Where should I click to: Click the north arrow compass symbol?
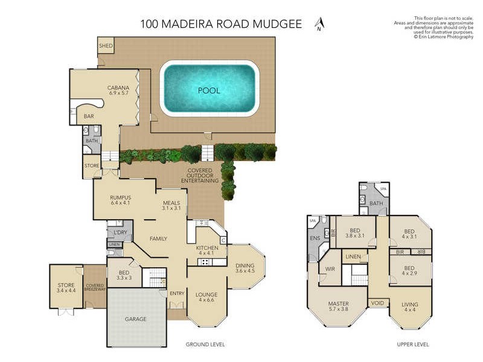click(319, 24)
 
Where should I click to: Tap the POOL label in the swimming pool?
click(210, 91)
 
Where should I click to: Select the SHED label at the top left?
click(106, 45)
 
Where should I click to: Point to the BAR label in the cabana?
click(89, 116)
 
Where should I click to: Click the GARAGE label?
click(136, 319)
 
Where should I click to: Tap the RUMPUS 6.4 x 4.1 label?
click(121, 200)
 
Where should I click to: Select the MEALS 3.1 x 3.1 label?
click(172, 206)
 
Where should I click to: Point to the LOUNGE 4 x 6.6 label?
click(206, 297)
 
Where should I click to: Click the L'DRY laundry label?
click(120, 232)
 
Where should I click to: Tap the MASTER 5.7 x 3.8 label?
click(339, 306)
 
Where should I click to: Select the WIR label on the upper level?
click(330, 269)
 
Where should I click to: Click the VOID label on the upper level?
click(377, 303)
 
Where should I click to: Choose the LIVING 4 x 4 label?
click(410, 307)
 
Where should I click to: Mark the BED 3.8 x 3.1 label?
click(356, 233)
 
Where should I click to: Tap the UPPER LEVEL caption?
click(412, 345)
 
